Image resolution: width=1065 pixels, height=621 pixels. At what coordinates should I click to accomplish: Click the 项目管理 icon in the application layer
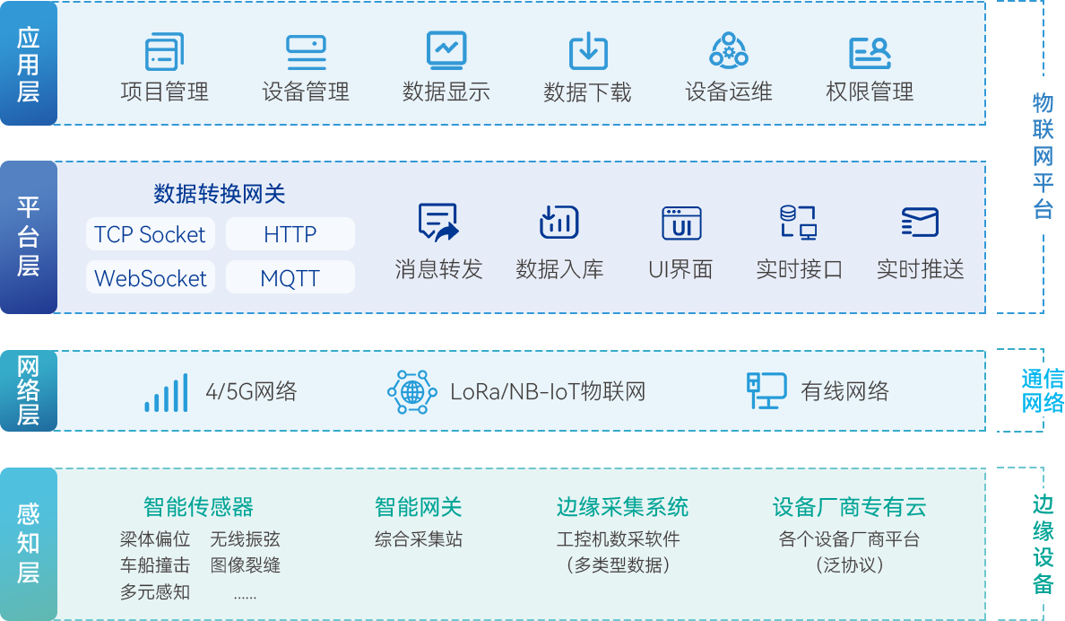(x=164, y=51)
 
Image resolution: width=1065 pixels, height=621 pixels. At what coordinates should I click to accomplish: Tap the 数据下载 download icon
(x=588, y=51)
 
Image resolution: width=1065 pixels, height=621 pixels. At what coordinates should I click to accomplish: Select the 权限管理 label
(x=870, y=91)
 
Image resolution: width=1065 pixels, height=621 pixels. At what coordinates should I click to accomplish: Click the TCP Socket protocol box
(x=151, y=234)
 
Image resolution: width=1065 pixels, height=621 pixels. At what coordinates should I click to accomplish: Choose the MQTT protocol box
(x=290, y=277)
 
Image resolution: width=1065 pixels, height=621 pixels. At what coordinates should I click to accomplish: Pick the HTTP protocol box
(x=290, y=234)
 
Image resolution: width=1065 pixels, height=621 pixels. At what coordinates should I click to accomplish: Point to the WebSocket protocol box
(x=151, y=277)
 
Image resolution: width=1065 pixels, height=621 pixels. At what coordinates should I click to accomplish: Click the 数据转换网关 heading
(x=220, y=194)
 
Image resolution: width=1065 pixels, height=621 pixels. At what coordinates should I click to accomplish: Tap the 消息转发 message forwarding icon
(x=438, y=223)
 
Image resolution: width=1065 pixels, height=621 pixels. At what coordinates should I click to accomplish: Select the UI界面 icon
(x=681, y=223)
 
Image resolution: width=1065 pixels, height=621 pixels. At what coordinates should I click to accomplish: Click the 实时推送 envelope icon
(x=920, y=223)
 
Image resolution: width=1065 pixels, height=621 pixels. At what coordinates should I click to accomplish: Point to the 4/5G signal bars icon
(x=167, y=393)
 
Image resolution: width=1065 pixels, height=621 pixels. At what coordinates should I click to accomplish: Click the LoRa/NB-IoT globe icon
(x=411, y=391)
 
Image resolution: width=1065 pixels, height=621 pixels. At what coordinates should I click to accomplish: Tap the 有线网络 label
(x=845, y=391)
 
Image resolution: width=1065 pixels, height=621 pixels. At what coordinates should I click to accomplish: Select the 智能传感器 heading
(x=198, y=507)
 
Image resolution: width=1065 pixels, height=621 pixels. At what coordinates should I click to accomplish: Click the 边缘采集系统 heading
(x=622, y=507)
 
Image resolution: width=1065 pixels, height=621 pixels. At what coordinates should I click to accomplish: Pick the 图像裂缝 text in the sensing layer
(x=246, y=565)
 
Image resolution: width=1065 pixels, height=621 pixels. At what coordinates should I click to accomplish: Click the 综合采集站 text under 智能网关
(x=419, y=539)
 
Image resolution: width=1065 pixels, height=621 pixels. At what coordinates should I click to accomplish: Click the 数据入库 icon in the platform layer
(x=559, y=223)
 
